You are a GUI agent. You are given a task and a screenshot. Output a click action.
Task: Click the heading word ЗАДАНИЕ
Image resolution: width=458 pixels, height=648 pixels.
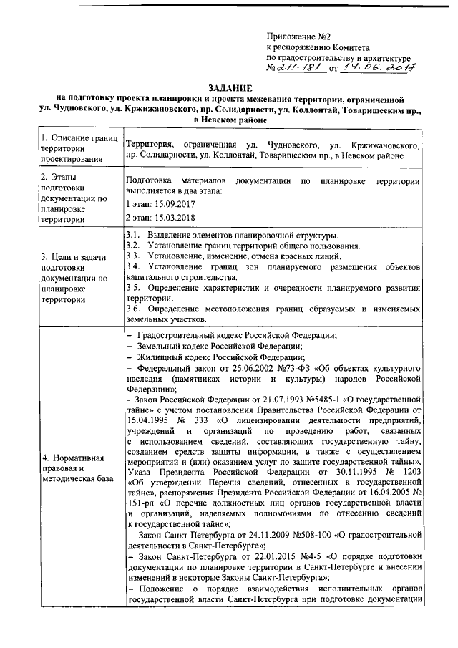tap(228, 86)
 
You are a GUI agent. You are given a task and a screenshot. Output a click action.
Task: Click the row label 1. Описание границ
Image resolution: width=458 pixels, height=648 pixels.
tap(75, 138)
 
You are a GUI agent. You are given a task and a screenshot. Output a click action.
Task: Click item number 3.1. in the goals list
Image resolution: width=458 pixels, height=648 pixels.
tap(132, 236)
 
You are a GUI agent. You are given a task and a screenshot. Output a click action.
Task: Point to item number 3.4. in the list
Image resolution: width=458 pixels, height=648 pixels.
tap(132, 267)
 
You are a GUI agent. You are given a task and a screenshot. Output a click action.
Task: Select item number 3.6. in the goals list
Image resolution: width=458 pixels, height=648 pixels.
tap(132, 308)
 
